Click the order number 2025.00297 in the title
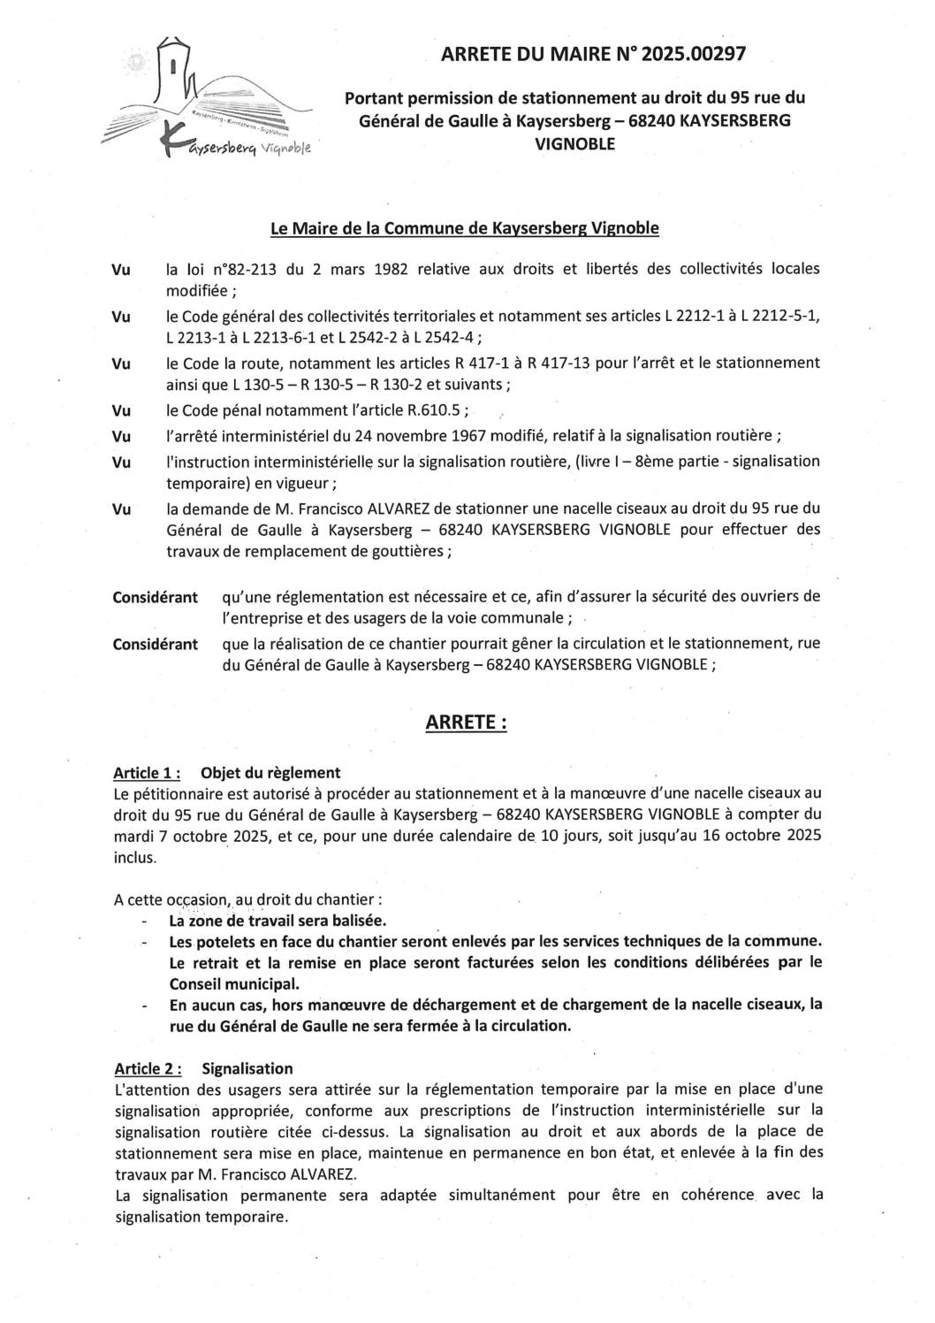(695, 54)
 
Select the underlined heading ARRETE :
(467, 723)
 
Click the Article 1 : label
(147, 772)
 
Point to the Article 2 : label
(147, 1068)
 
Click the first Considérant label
(155, 597)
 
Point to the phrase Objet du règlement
(270, 772)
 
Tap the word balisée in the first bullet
(360, 921)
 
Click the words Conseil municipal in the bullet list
(234, 983)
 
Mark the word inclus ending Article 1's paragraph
(134, 856)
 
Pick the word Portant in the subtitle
(374, 97)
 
